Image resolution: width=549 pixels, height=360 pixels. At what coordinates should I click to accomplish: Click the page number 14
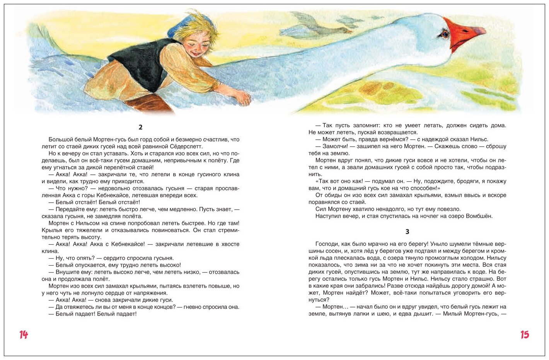pyautogui.click(x=24, y=335)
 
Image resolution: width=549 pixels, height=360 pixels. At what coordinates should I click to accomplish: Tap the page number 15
pyautogui.click(x=524, y=335)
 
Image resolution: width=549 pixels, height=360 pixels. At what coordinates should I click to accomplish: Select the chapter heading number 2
pyautogui.click(x=140, y=127)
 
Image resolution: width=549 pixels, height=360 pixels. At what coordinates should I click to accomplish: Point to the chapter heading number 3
pyautogui.click(x=407, y=232)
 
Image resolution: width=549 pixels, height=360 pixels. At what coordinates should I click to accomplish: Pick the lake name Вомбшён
pyautogui.click(x=479, y=216)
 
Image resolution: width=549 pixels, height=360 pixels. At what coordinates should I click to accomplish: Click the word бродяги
pyautogui.click(x=481, y=181)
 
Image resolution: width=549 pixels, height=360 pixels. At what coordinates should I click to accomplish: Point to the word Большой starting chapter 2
pyautogui.click(x=60, y=140)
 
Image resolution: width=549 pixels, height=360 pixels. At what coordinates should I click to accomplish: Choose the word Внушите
pyautogui.click(x=68, y=272)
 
